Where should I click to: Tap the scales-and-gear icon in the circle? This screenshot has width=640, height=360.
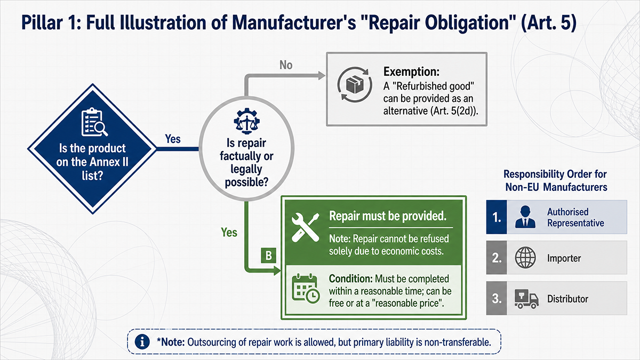tap(246, 121)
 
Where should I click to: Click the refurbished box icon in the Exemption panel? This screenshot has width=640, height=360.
tap(355, 85)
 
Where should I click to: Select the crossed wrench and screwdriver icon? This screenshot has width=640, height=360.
tap(306, 227)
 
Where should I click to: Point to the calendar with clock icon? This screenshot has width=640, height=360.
tap(306, 289)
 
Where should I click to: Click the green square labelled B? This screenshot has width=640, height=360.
tap(269, 255)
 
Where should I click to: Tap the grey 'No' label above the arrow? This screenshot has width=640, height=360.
tap(286, 65)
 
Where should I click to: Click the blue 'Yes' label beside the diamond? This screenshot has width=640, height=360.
tap(173, 139)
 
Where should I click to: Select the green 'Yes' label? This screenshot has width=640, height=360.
tap(229, 233)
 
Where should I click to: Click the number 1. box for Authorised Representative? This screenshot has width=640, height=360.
tap(497, 217)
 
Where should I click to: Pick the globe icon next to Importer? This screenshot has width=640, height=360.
tap(525, 258)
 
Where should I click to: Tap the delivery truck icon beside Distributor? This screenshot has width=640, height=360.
tap(526, 299)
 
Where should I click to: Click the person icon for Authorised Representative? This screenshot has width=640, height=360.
tap(525, 217)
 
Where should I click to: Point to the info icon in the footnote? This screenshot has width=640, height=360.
tap(142, 342)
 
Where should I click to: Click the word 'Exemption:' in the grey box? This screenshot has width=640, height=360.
tap(411, 71)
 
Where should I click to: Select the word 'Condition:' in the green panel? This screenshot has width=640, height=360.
tap(350, 278)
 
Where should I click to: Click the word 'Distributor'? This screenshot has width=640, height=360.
tap(567, 299)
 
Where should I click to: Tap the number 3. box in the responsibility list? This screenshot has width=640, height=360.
tap(497, 298)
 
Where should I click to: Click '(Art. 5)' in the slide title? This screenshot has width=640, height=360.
tap(549, 23)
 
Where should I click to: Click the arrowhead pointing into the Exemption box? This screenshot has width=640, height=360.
tap(322, 76)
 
